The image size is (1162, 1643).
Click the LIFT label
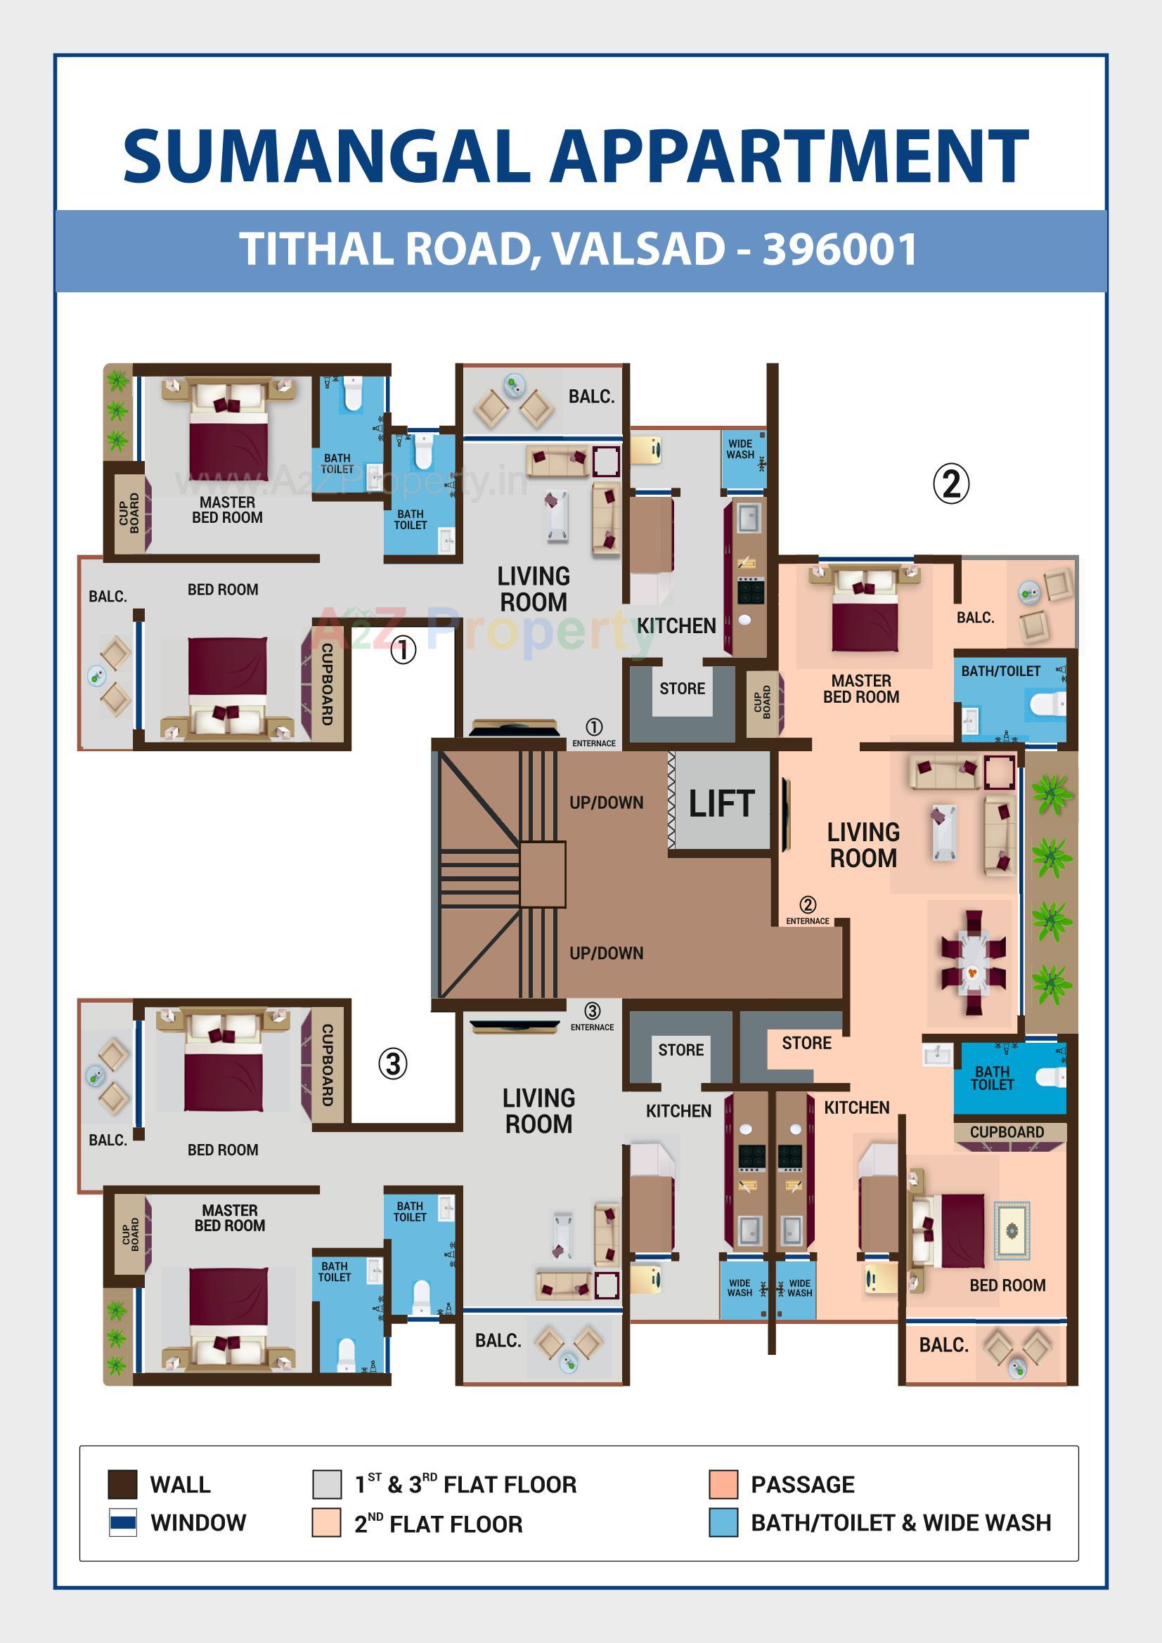click(721, 804)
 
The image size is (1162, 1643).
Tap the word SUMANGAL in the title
click(325, 157)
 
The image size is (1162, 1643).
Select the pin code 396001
click(840, 249)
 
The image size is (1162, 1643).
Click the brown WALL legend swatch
click(122, 1484)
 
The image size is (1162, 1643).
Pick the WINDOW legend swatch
click(122, 1523)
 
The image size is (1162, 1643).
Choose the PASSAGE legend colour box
click(723, 1484)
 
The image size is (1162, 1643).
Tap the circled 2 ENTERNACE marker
click(808, 910)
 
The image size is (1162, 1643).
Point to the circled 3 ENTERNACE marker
click(592, 1016)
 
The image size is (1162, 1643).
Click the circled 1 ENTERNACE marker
click(593, 732)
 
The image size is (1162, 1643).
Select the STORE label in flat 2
click(806, 1043)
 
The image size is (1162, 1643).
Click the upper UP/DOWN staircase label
click(606, 803)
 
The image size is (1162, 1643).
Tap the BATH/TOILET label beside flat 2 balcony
click(1000, 670)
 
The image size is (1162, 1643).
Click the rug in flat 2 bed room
click(1012, 1229)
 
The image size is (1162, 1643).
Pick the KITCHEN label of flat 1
click(676, 625)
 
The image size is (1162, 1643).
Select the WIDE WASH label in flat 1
click(740, 448)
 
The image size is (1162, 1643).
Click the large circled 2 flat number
click(951, 483)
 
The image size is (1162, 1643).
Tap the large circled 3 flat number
click(392, 1063)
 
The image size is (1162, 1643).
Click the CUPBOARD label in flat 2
click(1006, 1132)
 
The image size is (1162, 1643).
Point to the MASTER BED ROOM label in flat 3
click(229, 1217)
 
